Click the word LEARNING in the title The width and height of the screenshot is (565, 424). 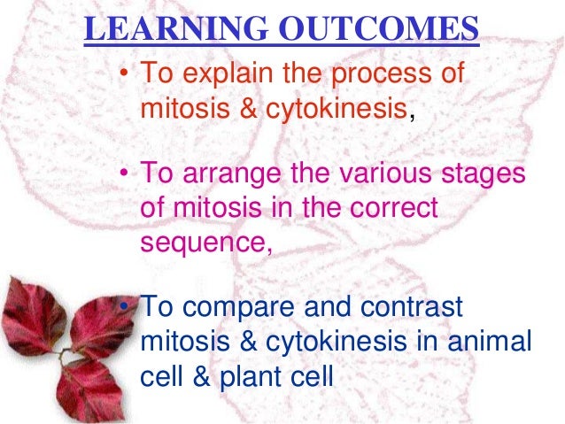point(176,28)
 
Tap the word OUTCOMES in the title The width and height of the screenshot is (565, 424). point(378,28)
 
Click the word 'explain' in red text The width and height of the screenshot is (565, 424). point(228,73)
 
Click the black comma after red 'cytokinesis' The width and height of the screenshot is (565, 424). point(412,117)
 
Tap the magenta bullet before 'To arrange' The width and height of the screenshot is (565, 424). point(124,173)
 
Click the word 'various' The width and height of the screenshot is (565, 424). point(385,173)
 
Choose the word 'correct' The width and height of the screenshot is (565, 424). point(394,208)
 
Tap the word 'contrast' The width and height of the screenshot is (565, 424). point(412,307)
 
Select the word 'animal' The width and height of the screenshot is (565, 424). point(490,341)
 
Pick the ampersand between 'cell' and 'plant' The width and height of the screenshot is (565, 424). point(201,377)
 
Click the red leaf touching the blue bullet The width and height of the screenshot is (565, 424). point(103,324)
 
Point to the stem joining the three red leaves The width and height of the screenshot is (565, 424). point(65,355)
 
